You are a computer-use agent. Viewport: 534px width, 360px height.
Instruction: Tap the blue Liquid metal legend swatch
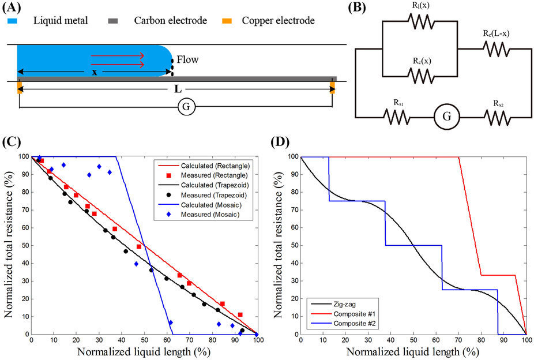[x=13, y=21]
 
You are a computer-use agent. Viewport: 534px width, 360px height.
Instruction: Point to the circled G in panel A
[x=185, y=107]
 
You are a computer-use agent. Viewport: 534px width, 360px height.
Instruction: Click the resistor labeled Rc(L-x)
[x=496, y=50]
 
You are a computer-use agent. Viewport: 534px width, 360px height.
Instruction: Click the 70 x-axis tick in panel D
[x=459, y=340]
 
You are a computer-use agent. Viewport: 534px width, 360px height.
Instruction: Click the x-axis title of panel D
[x=413, y=351]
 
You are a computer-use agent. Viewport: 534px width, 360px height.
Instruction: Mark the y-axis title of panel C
[x=8, y=245]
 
